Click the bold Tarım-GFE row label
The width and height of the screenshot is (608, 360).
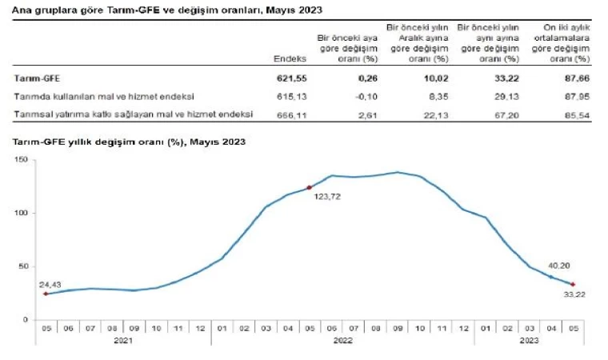coord(37,78)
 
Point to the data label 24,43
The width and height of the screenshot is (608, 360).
coord(50,285)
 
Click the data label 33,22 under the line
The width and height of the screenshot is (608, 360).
coord(565,294)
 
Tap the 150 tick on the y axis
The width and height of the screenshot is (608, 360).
coord(22,161)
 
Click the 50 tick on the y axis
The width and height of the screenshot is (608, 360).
coord(24,266)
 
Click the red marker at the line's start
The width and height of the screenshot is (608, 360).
coord(46,294)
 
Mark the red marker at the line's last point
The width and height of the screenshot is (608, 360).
coord(573,284)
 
